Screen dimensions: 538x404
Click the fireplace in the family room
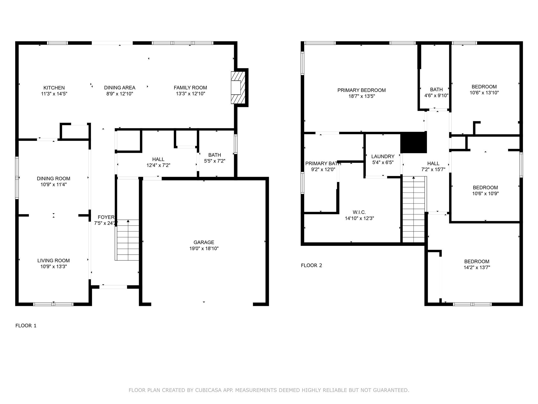[238, 88]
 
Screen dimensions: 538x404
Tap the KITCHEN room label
[54, 88]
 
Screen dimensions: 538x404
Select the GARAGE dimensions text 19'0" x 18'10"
[204, 249]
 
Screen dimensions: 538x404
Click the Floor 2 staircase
[414, 209]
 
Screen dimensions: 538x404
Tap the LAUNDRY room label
[383, 156]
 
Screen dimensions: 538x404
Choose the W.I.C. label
[359, 212]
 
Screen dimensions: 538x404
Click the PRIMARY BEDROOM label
[361, 90]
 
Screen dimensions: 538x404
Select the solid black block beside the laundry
[413, 142]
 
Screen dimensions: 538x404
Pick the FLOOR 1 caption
[26, 326]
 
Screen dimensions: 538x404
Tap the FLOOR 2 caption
[312, 265]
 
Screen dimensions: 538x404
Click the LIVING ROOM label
[54, 261]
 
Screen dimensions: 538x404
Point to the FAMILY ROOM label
[190, 88]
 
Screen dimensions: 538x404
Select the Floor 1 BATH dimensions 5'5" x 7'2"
[215, 161]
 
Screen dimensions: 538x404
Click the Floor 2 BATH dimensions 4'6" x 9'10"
[436, 95]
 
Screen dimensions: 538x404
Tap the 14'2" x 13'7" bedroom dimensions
[477, 267]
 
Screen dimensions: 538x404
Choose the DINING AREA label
[120, 88]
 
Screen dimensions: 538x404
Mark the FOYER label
[106, 217]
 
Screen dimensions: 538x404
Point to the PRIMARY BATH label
[323, 164]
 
